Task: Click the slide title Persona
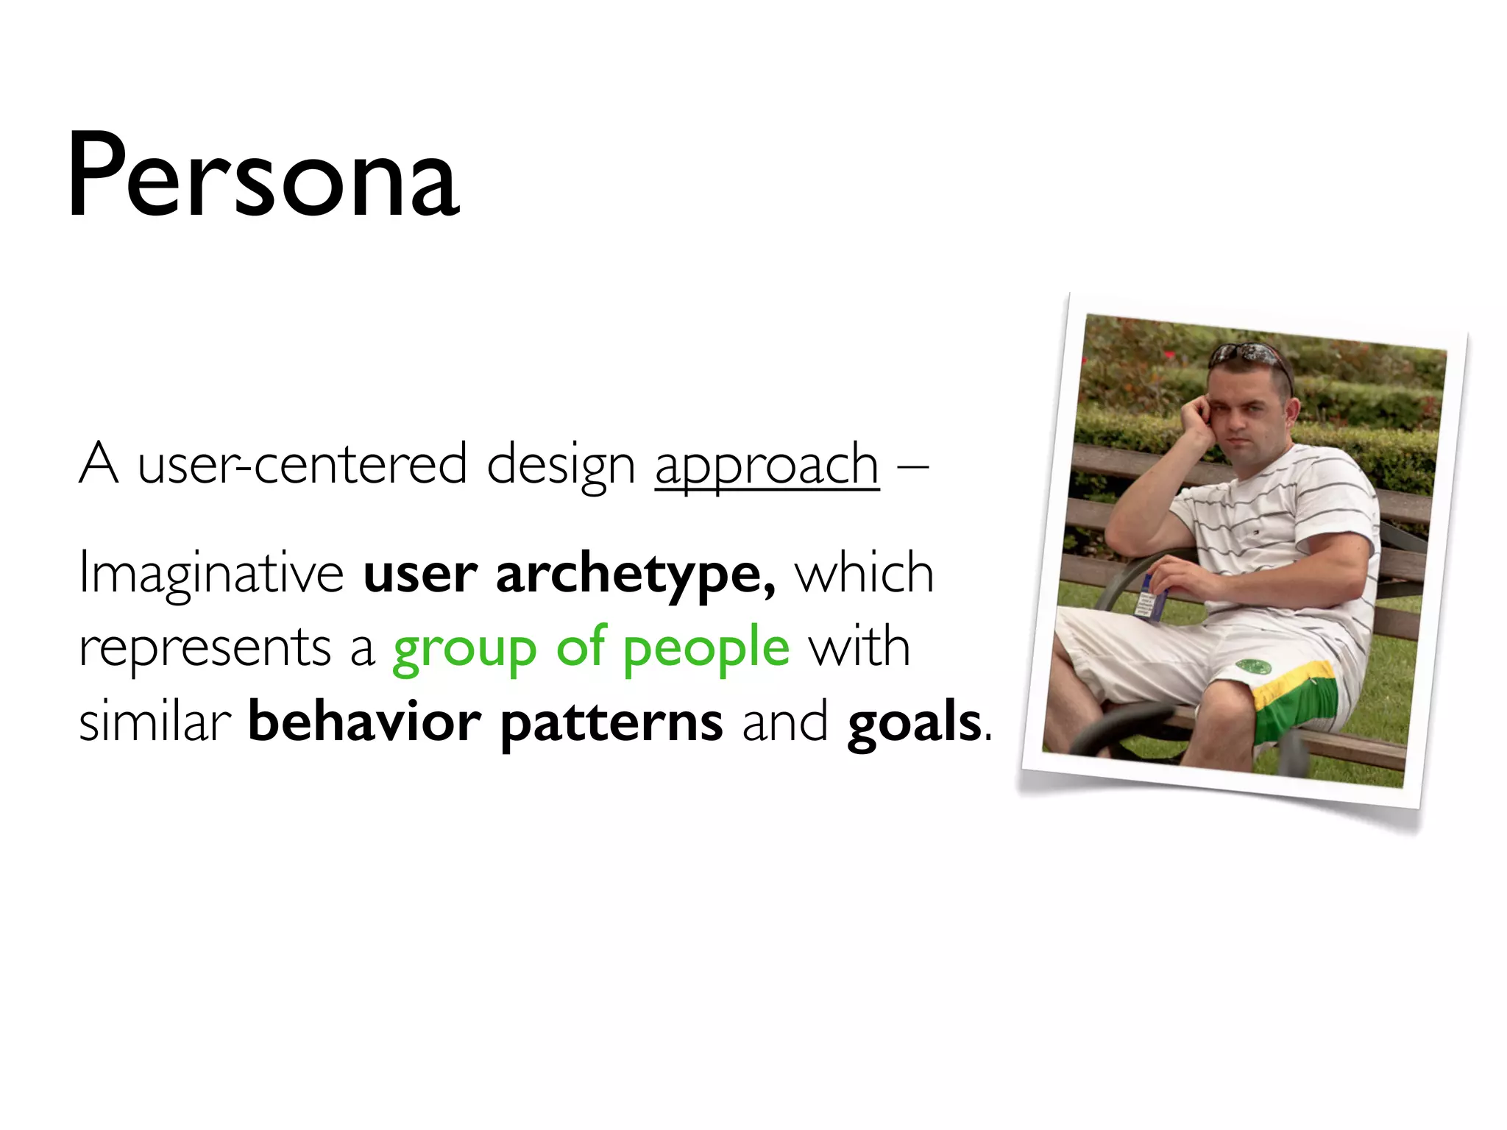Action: tap(263, 177)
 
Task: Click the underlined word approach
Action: tap(767, 466)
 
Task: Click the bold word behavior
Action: tap(365, 722)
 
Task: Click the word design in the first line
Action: tap(561, 466)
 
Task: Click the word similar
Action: tap(155, 722)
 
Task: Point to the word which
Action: tap(865, 575)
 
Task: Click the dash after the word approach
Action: tap(912, 467)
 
